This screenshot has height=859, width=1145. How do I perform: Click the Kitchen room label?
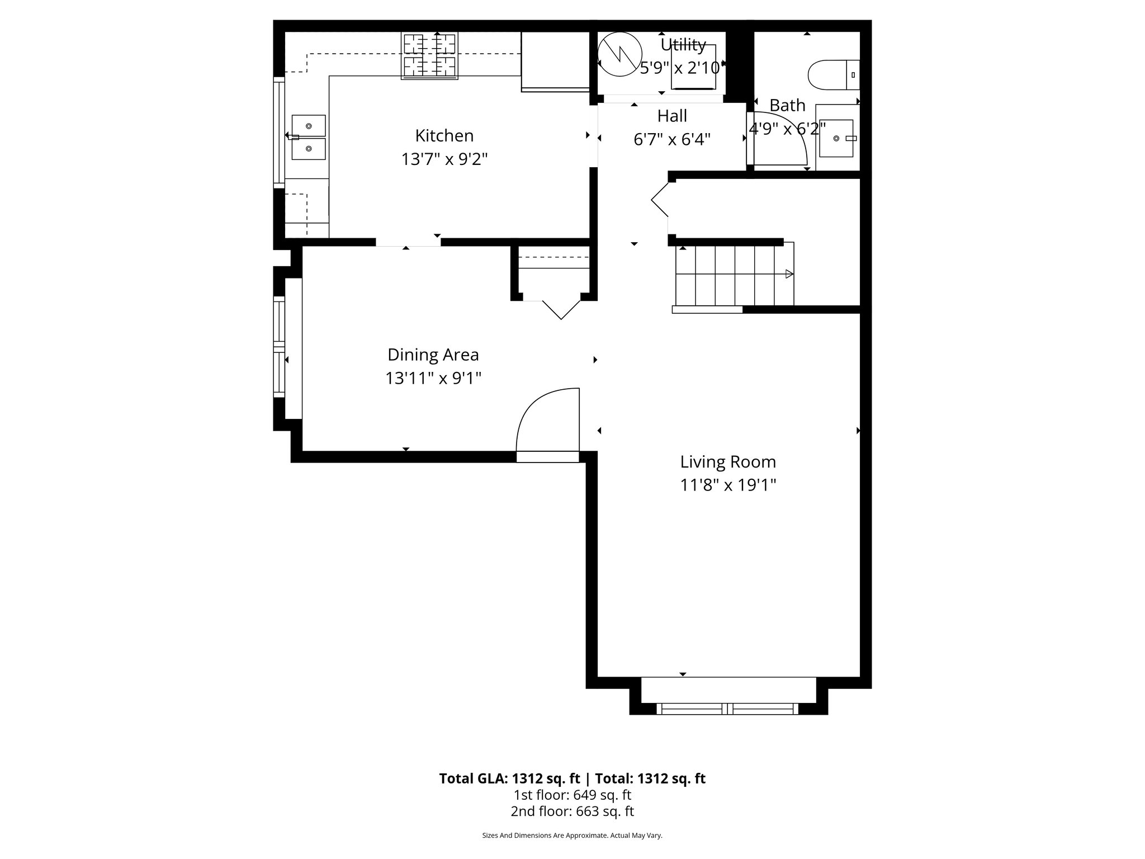[x=444, y=136]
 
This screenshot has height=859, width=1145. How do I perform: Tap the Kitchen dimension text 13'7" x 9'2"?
[x=444, y=160]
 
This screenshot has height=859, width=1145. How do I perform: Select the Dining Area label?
[x=433, y=355]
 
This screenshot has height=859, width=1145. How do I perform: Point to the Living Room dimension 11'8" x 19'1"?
[x=728, y=485]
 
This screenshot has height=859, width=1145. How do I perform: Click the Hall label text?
[x=671, y=116]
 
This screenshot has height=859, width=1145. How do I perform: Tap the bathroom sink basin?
[x=836, y=138]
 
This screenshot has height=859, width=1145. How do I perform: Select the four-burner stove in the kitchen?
[x=429, y=55]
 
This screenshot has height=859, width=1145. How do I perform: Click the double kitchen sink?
[x=308, y=138]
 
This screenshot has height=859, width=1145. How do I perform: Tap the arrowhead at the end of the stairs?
[x=789, y=274]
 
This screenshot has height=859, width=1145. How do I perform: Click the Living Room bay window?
[x=727, y=708]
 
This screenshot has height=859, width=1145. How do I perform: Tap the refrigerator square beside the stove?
[x=555, y=60]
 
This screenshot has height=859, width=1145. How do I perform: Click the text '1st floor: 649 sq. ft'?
[x=572, y=795]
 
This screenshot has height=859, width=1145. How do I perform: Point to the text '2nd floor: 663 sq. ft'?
[x=572, y=811]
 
